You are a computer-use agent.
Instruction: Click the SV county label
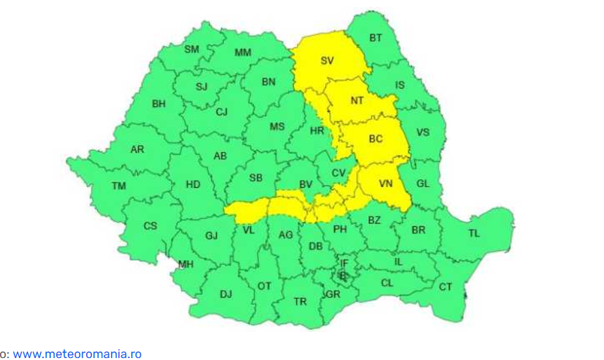327,61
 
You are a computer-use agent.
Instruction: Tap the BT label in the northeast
376,38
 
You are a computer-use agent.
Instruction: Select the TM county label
118,186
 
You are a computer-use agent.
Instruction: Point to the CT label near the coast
445,287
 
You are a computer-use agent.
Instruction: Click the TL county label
474,233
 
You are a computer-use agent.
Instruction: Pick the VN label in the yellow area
385,184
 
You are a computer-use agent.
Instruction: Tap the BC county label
376,139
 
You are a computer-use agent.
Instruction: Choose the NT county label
357,100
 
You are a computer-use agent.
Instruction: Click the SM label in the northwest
192,50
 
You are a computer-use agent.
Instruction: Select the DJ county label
226,294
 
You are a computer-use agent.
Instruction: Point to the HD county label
193,185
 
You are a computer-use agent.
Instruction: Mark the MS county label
277,127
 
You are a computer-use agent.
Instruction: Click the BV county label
306,185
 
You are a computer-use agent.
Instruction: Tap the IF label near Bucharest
345,263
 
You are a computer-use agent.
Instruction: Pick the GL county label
423,183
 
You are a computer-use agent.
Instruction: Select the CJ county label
222,112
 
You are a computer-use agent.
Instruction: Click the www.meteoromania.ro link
77,354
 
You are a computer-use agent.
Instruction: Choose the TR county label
300,301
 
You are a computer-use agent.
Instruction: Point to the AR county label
137,149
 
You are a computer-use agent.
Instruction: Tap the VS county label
423,132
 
